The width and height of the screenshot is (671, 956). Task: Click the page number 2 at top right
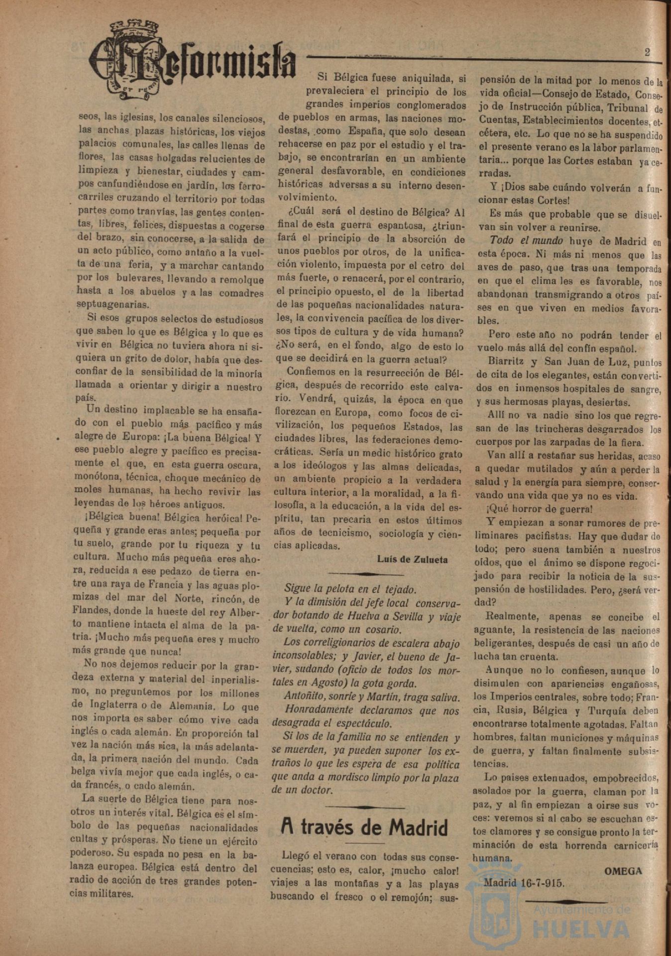point(647,52)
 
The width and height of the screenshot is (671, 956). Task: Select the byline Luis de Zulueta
point(412,559)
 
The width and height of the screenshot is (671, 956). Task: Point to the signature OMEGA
point(623,871)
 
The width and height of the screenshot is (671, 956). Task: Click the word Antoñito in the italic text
point(303,697)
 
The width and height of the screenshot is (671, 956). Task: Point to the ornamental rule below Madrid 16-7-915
point(565,901)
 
